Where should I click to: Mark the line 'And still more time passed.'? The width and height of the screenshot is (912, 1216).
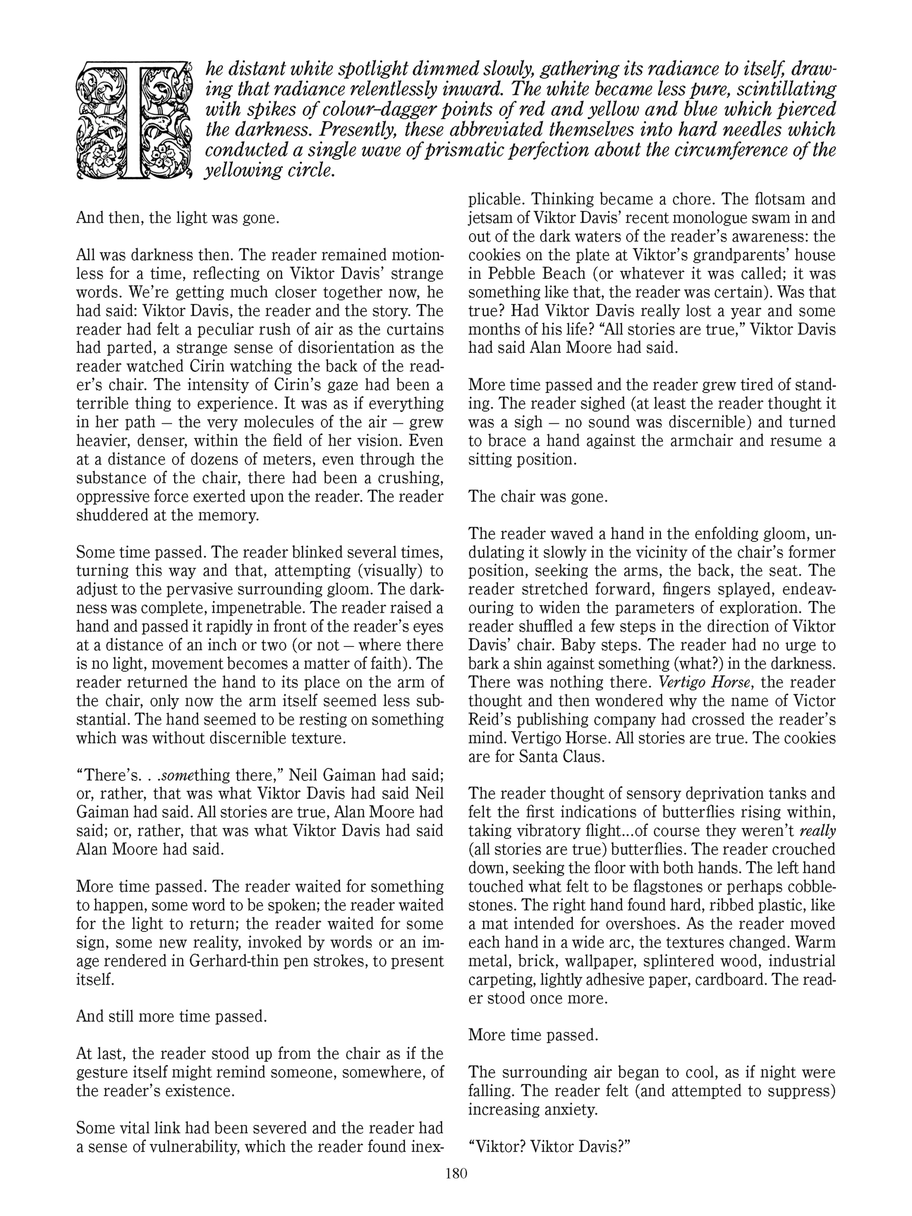pos(171,1016)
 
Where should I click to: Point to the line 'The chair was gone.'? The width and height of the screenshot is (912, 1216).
pos(538,496)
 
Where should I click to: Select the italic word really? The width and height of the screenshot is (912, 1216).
pos(818,831)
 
